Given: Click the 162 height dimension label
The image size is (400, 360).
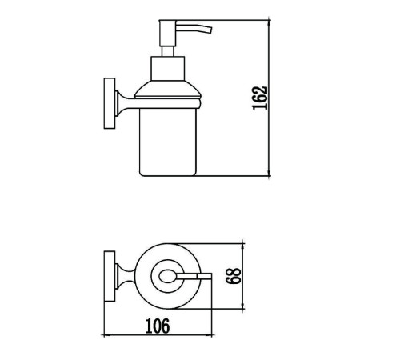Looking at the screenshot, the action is point(260,98).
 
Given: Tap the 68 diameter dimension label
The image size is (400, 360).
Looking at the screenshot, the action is point(234,276).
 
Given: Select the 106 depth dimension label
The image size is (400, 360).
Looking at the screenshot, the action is point(158,326).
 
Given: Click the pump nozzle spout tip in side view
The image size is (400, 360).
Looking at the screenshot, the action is point(210,30).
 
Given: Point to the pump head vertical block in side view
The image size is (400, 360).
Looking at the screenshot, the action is point(167,33).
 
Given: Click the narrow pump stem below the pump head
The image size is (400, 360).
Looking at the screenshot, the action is point(168,51).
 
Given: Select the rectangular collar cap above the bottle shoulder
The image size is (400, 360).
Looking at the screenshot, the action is point(168,69).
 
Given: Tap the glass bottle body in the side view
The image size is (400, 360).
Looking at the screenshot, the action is point(168,142).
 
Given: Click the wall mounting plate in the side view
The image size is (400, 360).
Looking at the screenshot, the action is point(110,103).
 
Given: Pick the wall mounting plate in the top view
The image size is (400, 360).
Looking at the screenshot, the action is point(110,276).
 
